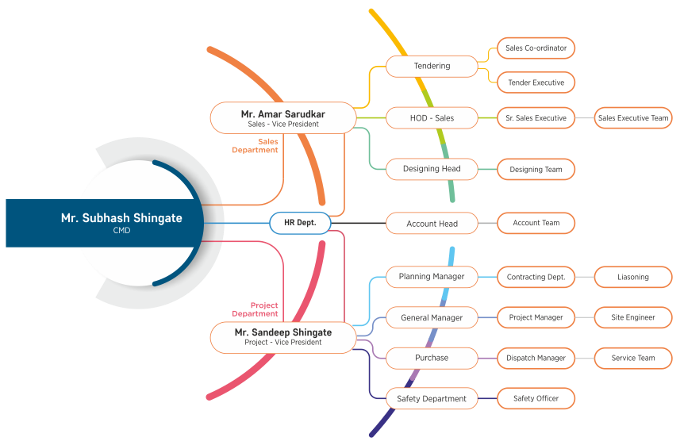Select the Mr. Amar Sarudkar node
point(283,118)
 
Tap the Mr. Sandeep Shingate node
point(283,337)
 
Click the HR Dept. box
point(300,223)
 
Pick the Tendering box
point(432,66)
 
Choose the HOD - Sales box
point(432,118)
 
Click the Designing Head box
point(432,169)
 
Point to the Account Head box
point(432,224)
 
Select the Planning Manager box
point(432,277)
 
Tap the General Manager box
point(432,318)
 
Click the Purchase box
point(432,358)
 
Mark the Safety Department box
point(432,399)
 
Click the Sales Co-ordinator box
point(536,48)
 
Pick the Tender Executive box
point(536,82)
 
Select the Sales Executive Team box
point(633,118)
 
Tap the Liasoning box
point(633,277)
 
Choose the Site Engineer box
point(633,317)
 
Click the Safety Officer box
point(536,398)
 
